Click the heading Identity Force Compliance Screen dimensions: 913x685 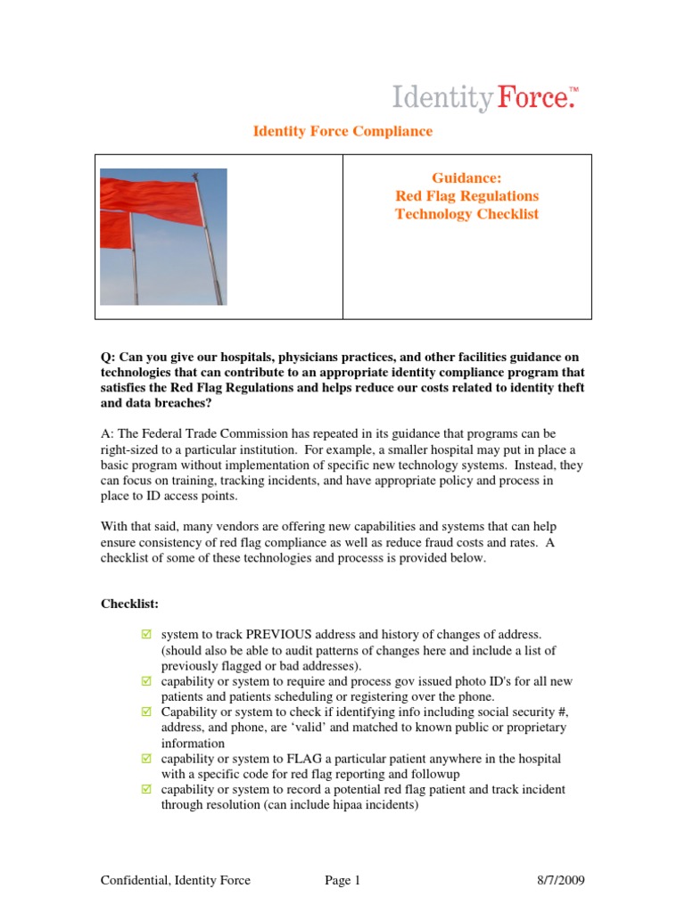click(342, 131)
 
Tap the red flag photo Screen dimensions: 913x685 click(163, 237)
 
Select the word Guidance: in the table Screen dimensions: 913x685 click(466, 177)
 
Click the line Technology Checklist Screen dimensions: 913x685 click(466, 214)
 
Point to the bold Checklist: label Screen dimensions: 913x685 click(129, 604)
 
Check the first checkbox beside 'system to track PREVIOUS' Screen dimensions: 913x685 click(147, 633)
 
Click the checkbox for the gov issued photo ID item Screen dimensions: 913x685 click(147, 681)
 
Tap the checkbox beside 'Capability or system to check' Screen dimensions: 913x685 click(147, 712)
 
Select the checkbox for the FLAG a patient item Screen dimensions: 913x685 click(147, 759)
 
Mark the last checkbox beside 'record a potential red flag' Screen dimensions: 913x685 click(147, 790)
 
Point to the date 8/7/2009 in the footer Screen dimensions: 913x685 click(561, 881)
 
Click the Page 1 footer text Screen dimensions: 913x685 click(342, 881)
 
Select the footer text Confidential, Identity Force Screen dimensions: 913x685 click(175, 881)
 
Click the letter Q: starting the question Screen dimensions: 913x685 click(107, 358)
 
